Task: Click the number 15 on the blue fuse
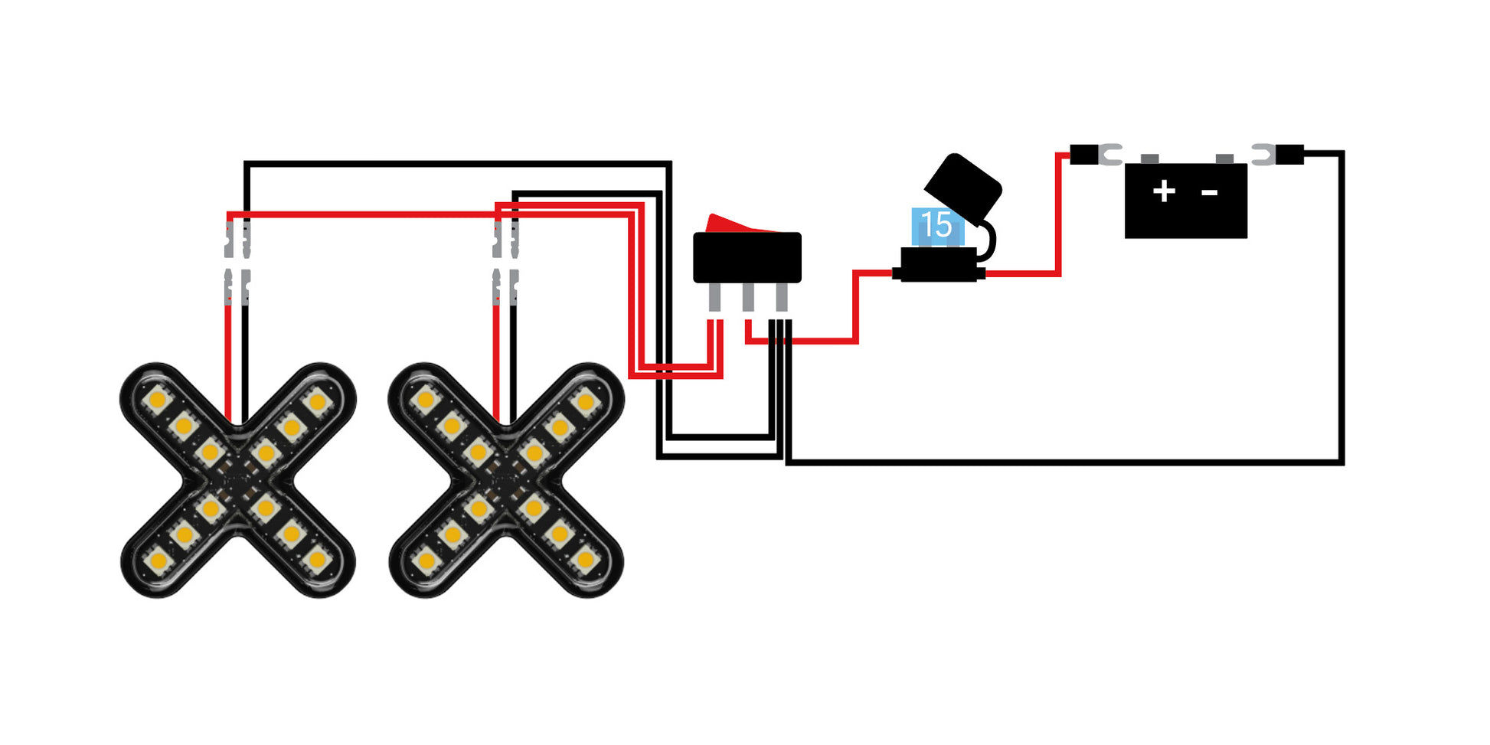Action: [936, 225]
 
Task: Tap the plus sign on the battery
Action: [1164, 191]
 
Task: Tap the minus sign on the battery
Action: [1210, 192]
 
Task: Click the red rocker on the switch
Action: [739, 224]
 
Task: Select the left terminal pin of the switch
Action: [714, 297]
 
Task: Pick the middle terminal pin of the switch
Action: [748, 297]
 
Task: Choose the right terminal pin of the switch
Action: [782, 297]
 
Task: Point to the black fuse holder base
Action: [939, 265]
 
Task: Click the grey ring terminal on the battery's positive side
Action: [1109, 155]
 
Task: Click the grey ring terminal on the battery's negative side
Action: [1263, 155]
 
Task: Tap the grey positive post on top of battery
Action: [1149, 158]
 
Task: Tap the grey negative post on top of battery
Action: [1224, 158]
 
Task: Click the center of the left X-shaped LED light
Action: [238, 480]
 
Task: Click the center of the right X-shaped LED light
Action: [506, 480]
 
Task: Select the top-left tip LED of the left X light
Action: [158, 400]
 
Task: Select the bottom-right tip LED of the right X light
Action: [586, 560]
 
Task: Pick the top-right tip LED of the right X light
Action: [586, 400]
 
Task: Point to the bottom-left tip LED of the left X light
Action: [158, 561]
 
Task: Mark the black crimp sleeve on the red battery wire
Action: [1083, 155]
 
